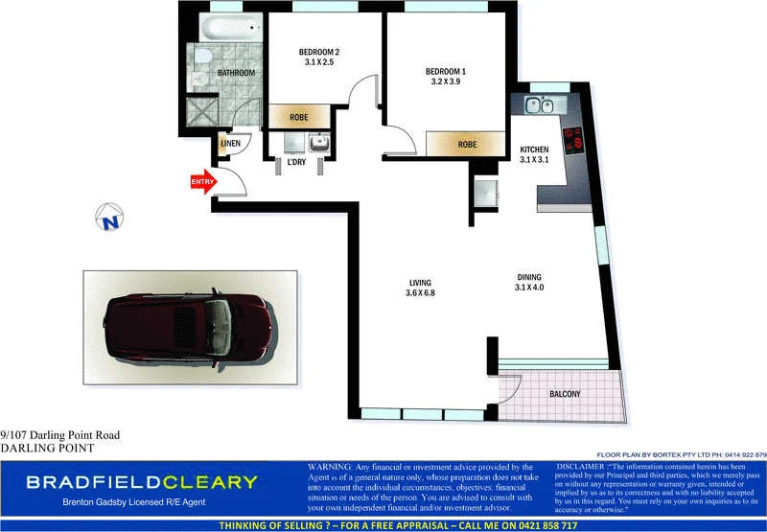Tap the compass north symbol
click(x=109, y=220)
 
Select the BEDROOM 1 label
click(x=445, y=71)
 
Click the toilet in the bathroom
click(x=198, y=78)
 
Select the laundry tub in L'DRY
click(x=318, y=144)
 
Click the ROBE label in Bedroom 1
click(x=467, y=144)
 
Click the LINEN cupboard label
click(x=230, y=144)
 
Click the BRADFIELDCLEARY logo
click(x=141, y=482)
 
